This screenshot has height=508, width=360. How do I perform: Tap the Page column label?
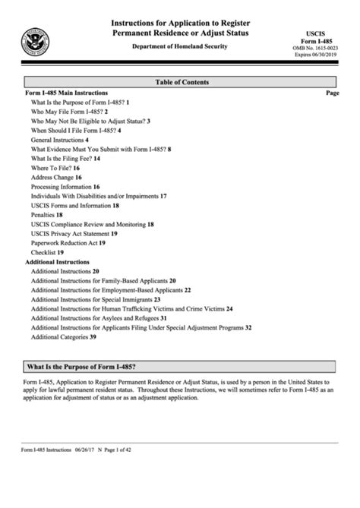tap(332, 92)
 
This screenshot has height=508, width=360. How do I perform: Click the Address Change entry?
tap(56, 177)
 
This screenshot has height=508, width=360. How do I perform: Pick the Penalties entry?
tap(48, 215)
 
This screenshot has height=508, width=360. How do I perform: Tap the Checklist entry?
tap(47, 252)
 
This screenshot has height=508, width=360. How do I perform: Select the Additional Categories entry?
tap(63, 336)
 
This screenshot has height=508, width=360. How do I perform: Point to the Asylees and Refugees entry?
tap(99, 317)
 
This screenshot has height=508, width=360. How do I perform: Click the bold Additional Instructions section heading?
tap(58, 261)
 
